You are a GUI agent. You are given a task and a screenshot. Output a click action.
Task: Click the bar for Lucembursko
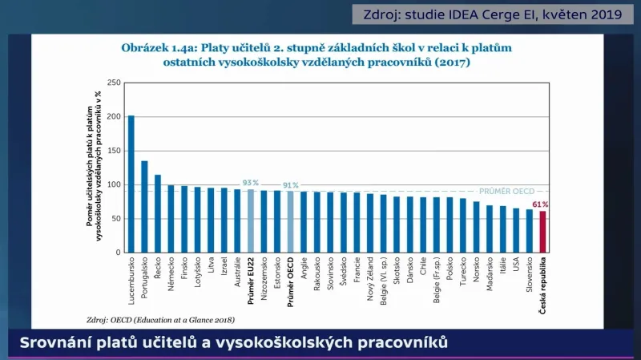click(x=131, y=184)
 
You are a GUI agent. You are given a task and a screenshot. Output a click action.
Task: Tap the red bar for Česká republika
click(x=542, y=232)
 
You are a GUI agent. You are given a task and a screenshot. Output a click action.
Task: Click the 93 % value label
click(x=251, y=183)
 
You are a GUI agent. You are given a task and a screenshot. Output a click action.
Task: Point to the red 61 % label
click(x=542, y=204)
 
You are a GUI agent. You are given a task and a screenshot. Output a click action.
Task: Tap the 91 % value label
click(x=290, y=185)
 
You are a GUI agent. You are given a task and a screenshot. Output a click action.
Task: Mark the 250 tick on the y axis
click(x=113, y=83)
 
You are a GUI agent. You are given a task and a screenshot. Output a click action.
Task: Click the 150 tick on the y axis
click(x=113, y=151)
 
